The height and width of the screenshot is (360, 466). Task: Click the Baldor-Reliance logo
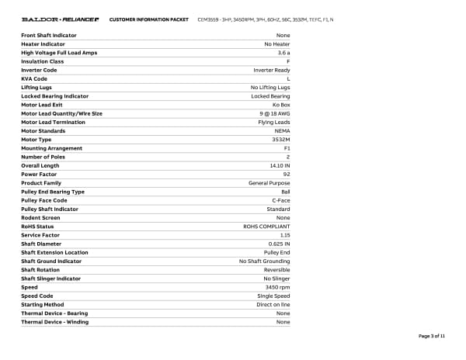(x=60, y=19)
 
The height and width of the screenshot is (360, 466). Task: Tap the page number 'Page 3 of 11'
(x=431, y=335)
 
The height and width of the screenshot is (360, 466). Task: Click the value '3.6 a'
(x=283, y=53)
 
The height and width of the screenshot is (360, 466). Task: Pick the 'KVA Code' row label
(x=34, y=78)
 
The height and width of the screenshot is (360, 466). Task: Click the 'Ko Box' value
(x=280, y=105)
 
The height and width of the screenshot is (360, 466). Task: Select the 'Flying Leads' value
(x=274, y=122)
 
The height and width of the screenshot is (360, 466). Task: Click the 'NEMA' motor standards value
(x=283, y=130)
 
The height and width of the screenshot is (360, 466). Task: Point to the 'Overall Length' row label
(x=40, y=165)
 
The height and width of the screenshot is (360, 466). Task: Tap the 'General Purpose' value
(x=269, y=183)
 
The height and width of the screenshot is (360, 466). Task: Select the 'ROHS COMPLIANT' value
(x=266, y=227)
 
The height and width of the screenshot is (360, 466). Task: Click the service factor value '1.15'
(x=285, y=235)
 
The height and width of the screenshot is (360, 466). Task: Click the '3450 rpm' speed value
(x=277, y=287)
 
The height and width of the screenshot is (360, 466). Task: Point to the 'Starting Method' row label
(x=43, y=304)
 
